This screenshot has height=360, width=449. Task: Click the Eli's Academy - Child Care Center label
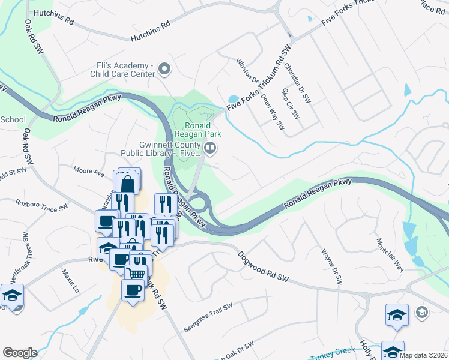point(122,70)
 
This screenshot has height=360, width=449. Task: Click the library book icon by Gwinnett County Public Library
point(210,148)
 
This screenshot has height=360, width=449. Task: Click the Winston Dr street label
point(247,71)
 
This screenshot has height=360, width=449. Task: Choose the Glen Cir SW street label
point(290,103)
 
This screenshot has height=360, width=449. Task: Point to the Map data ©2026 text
point(422,355)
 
